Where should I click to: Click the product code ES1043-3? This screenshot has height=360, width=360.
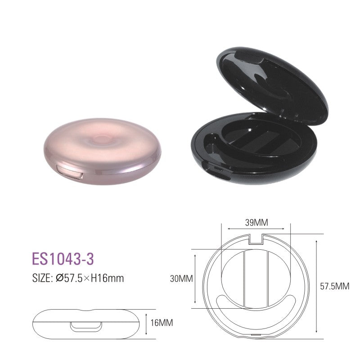[x=63, y=259]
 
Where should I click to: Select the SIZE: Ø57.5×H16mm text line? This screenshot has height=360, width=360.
[x=78, y=278]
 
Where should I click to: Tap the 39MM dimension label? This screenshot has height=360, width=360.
[x=256, y=222]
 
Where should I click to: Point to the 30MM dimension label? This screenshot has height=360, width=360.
[x=181, y=279]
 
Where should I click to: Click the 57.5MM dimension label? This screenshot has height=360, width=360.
[x=335, y=286]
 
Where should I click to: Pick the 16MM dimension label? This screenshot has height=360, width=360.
[x=162, y=323]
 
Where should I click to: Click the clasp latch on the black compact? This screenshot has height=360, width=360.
[x=215, y=171]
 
